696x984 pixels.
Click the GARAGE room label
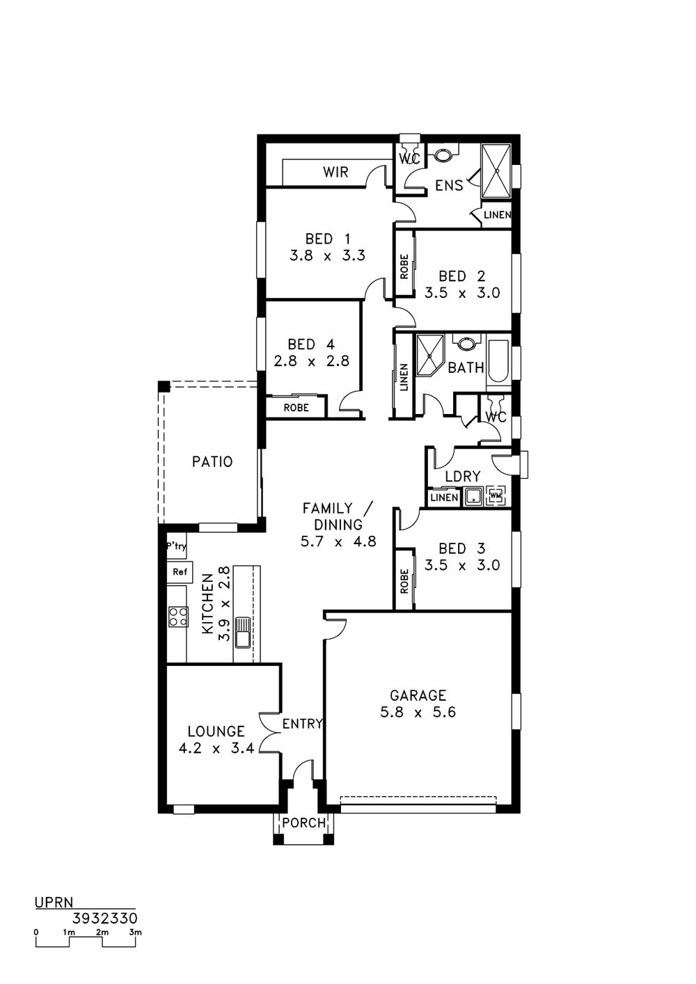[x=418, y=695]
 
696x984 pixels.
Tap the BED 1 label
[x=328, y=239]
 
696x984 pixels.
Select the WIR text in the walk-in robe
[x=335, y=172]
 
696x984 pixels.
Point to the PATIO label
[x=212, y=461]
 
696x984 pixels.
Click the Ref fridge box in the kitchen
[x=180, y=571]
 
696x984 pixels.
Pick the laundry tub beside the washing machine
[x=473, y=497]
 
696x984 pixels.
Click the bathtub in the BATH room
[x=498, y=362]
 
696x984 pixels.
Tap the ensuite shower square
[x=497, y=171]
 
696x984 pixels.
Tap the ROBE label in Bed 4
[x=296, y=408]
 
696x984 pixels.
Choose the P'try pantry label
[x=176, y=547]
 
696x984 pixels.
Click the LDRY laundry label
[x=463, y=477]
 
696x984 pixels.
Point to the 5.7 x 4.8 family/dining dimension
[x=338, y=541]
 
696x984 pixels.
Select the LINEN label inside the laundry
[x=444, y=498]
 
